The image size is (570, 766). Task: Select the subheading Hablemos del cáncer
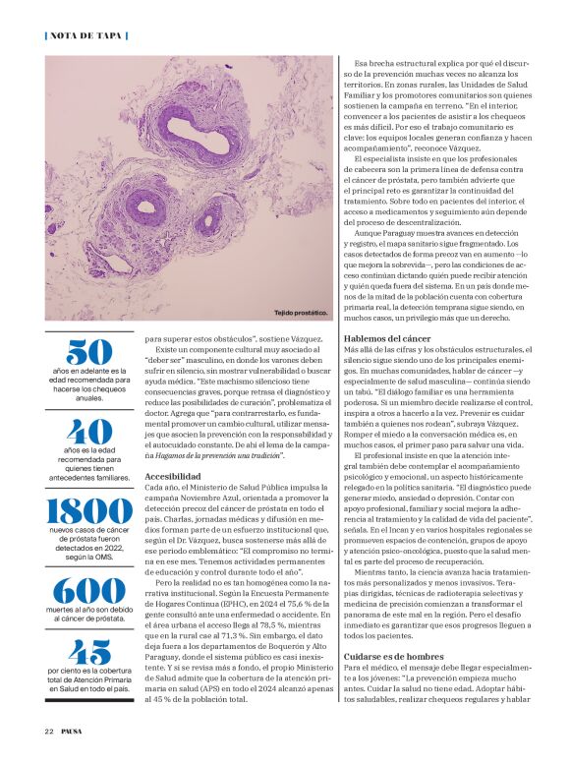click(x=385, y=337)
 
